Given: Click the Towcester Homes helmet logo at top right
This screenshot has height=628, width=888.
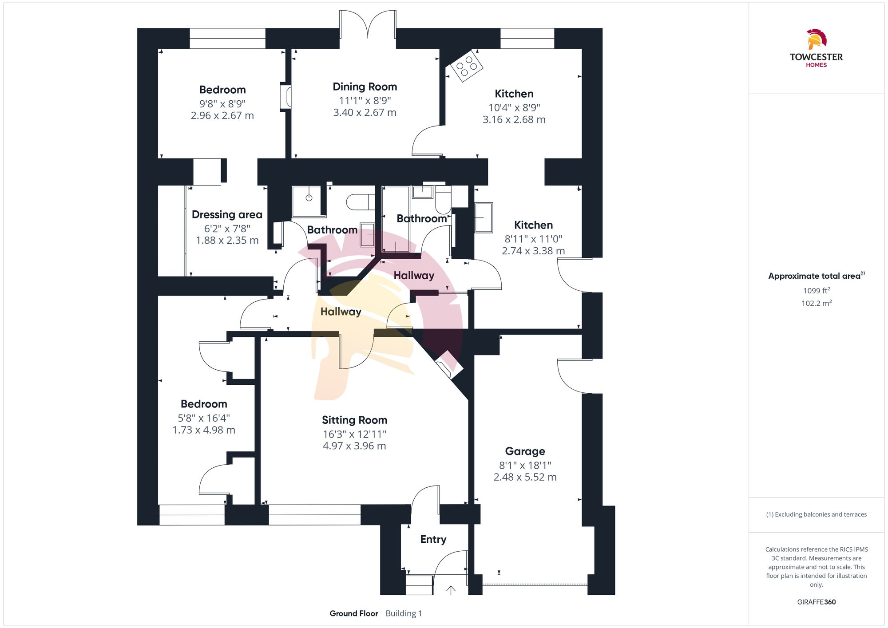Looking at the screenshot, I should tap(816, 39).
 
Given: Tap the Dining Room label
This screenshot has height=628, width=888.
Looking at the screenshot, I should tap(365, 87).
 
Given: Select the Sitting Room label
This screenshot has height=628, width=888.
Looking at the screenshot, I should tap(354, 420).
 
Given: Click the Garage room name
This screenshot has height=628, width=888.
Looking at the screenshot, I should tap(525, 451).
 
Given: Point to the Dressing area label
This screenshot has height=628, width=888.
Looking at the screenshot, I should tap(227, 215).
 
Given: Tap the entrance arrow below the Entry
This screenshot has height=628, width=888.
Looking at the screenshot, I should tap(451, 590).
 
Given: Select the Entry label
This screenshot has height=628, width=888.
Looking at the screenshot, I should tap(433, 539).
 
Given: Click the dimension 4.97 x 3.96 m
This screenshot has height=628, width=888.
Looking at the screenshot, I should tap(354, 446).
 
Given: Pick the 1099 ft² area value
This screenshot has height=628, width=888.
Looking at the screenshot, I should tap(816, 291).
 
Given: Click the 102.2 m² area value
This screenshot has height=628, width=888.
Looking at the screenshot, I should tap(816, 303).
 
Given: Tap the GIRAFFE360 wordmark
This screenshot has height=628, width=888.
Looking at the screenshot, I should tap(816, 602).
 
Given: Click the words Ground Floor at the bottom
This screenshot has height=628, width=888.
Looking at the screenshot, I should tap(353, 613).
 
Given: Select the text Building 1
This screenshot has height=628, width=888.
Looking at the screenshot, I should tap(404, 613).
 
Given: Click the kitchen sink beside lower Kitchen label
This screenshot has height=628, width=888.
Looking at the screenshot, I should tap(484, 217).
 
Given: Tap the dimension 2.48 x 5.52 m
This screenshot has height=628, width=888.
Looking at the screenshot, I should tap(525, 477).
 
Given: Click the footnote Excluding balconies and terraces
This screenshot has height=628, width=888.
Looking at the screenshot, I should tap(816, 514).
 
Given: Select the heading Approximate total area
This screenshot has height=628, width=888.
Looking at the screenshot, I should tap(815, 276).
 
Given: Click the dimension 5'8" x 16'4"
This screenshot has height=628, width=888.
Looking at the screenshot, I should tap(204, 418).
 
